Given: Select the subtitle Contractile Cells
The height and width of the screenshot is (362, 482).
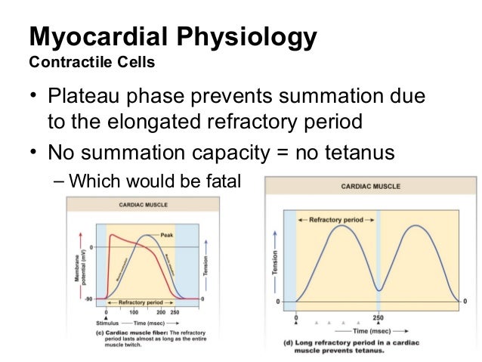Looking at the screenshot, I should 91,62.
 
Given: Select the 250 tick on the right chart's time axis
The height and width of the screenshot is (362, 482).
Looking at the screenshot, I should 378,318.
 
